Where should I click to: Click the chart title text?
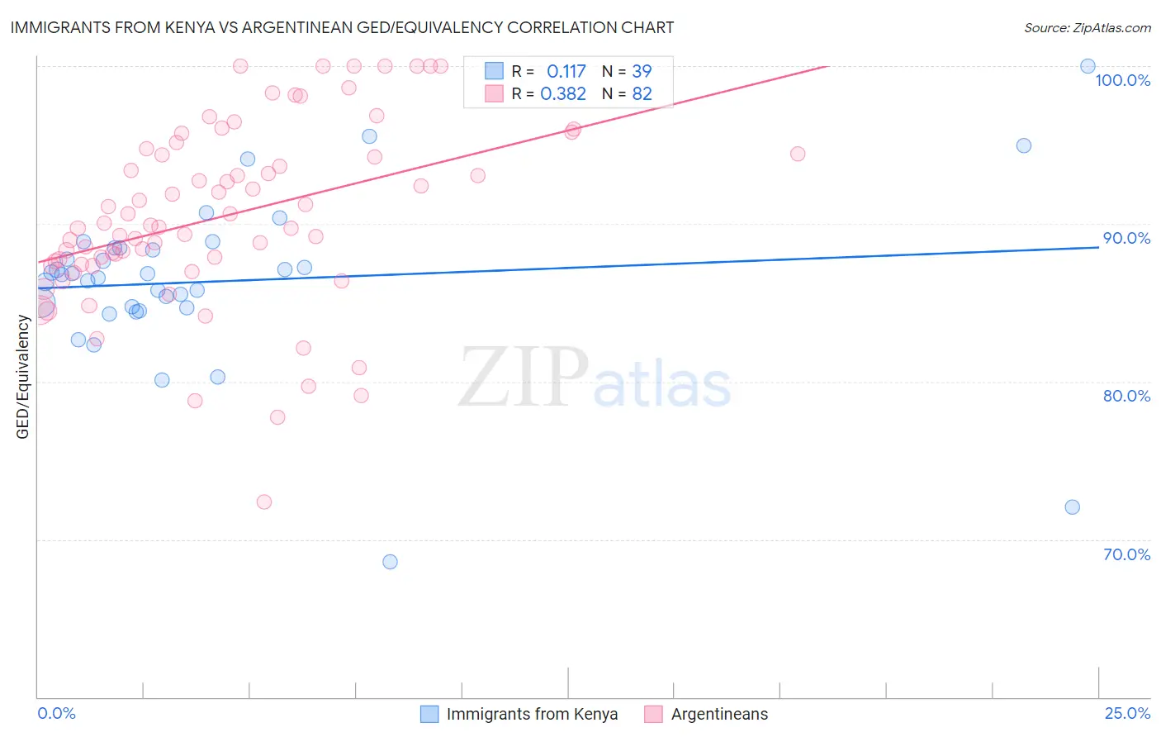click(342, 27)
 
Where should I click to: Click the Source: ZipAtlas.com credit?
click(1087, 27)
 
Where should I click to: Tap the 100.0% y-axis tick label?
click(1122, 80)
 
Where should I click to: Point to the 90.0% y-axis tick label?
click(1126, 238)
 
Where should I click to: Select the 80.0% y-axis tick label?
click(1126, 396)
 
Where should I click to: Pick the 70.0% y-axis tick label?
click(1126, 554)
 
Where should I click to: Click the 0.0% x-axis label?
click(56, 713)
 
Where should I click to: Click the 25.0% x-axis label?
click(1127, 713)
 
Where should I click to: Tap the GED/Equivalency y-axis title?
click(23, 377)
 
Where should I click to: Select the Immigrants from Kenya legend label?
click(532, 714)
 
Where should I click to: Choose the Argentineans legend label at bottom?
click(719, 714)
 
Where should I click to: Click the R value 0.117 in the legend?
click(566, 72)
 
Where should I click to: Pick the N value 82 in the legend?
click(642, 94)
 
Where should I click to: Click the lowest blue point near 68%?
click(390, 562)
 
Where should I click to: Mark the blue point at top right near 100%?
click(1088, 66)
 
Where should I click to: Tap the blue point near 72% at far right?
click(1072, 507)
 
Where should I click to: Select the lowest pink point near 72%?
click(264, 502)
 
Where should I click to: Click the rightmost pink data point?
click(797, 154)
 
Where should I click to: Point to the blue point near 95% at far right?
click(1023, 145)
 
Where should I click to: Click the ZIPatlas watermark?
click(595, 378)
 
